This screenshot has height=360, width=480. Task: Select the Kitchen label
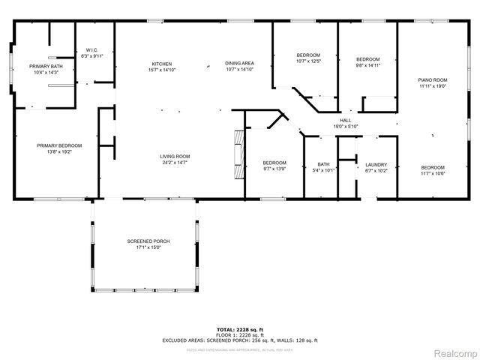[163, 64]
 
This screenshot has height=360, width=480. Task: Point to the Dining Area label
[239, 64]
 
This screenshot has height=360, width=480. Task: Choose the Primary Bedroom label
[59, 145]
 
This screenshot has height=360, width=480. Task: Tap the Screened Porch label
[148, 241]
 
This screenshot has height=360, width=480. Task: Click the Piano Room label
[432, 80]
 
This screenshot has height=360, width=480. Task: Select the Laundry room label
[376, 165]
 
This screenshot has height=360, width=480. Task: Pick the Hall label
[345, 121]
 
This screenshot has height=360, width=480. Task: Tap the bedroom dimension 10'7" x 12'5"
[308, 61]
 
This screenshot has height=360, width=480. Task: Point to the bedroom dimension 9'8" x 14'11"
[367, 65]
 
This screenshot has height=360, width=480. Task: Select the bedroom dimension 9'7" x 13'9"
[274, 169]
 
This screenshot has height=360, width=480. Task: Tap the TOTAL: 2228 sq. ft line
[239, 330]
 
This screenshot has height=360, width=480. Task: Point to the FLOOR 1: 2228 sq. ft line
[239, 335]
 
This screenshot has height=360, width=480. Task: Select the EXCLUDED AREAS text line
[239, 340]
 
